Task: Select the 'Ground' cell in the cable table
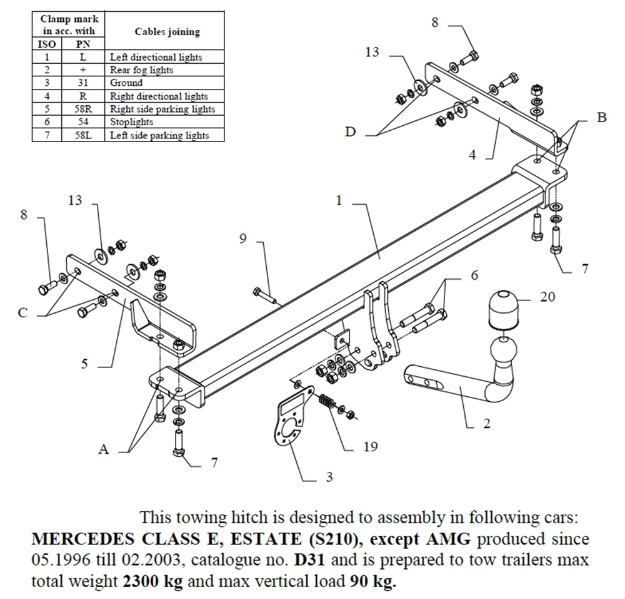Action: coord(126,83)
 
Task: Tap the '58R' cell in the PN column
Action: coord(82,109)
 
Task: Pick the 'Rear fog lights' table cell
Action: coord(141,69)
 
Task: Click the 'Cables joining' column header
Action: coord(167,32)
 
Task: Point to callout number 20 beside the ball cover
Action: coord(547,297)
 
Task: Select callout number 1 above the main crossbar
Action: coord(339,201)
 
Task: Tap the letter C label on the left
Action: coord(23,312)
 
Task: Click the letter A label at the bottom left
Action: coord(104,449)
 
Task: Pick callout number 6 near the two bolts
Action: coord(474,275)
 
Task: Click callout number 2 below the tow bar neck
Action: coord(486,424)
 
